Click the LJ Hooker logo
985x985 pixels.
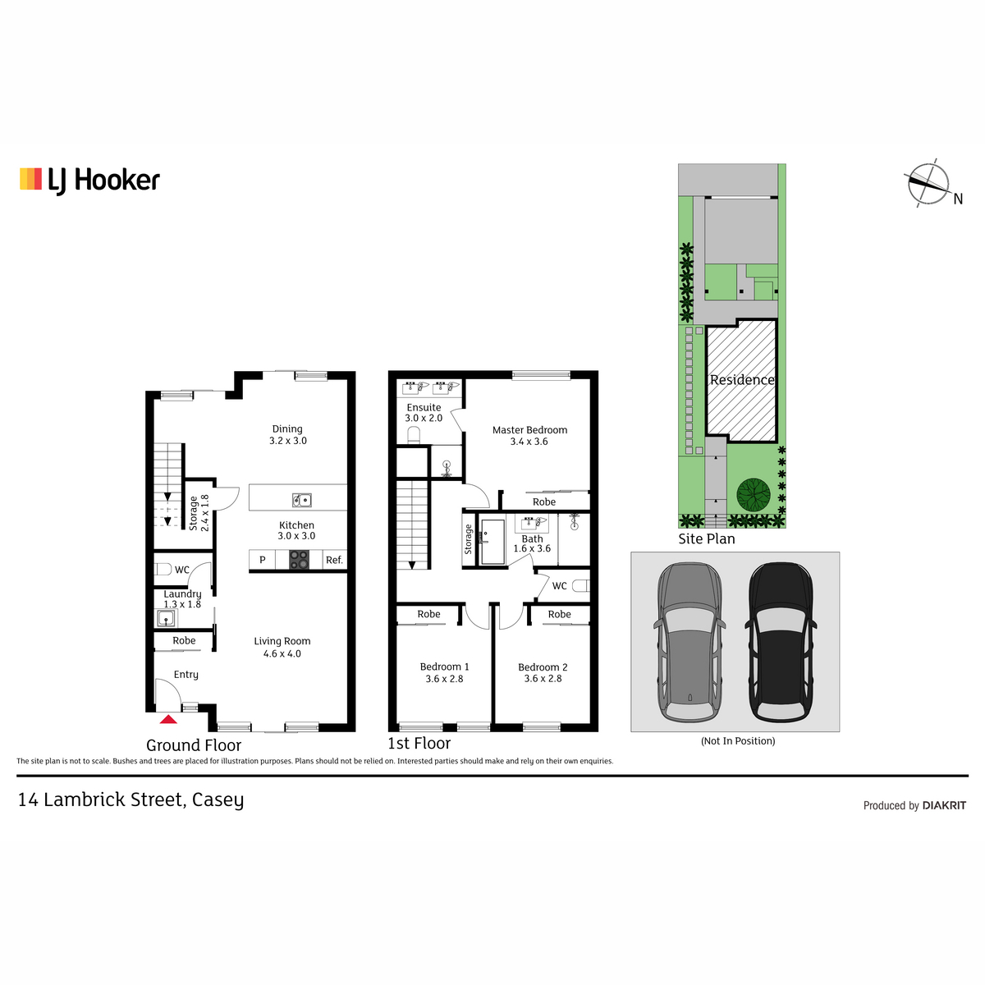(89, 181)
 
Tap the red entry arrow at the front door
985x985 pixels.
(168, 720)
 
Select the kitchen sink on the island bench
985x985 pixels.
(301, 499)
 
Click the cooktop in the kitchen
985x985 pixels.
(299, 559)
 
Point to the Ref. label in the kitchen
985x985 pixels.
(334, 561)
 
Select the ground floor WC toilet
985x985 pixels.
(163, 569)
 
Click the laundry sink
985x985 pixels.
(166, 619)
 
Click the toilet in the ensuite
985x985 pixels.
(414, 435)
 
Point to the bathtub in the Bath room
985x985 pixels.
(492, 542)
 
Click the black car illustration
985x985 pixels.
(781, 642)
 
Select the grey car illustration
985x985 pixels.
(689, 642)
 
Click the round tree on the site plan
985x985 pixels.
(754, 494)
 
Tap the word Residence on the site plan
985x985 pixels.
(742, 380)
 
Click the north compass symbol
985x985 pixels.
(928, 183)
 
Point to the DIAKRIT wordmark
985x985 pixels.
(944, 805)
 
